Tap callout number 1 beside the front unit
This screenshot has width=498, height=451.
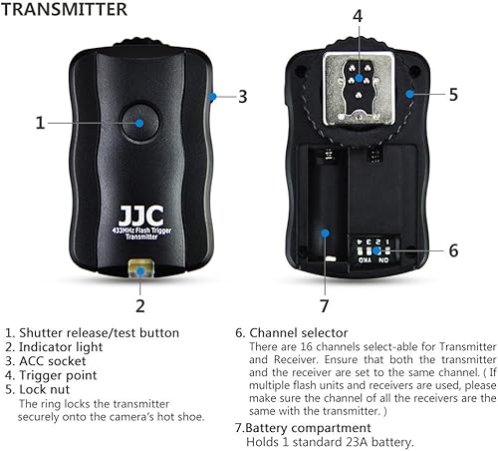coord(41,123)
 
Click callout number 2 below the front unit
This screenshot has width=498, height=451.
coord(140,305)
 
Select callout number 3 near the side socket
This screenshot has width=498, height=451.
coord(242,97)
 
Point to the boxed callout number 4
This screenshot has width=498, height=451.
coord(357,17)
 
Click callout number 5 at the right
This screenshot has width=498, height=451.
coord(453,95)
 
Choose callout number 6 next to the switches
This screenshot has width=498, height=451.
coord(453,250)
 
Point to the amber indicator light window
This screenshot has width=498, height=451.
coord(140,269)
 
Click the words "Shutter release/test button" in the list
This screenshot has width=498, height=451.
coord(100,332)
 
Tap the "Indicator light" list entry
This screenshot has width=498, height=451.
coord(64,347)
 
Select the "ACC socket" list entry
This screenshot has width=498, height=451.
coord(57,361)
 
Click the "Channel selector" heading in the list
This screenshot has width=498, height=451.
coord(298,332)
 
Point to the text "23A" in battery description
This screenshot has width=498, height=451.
coord(359,442)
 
